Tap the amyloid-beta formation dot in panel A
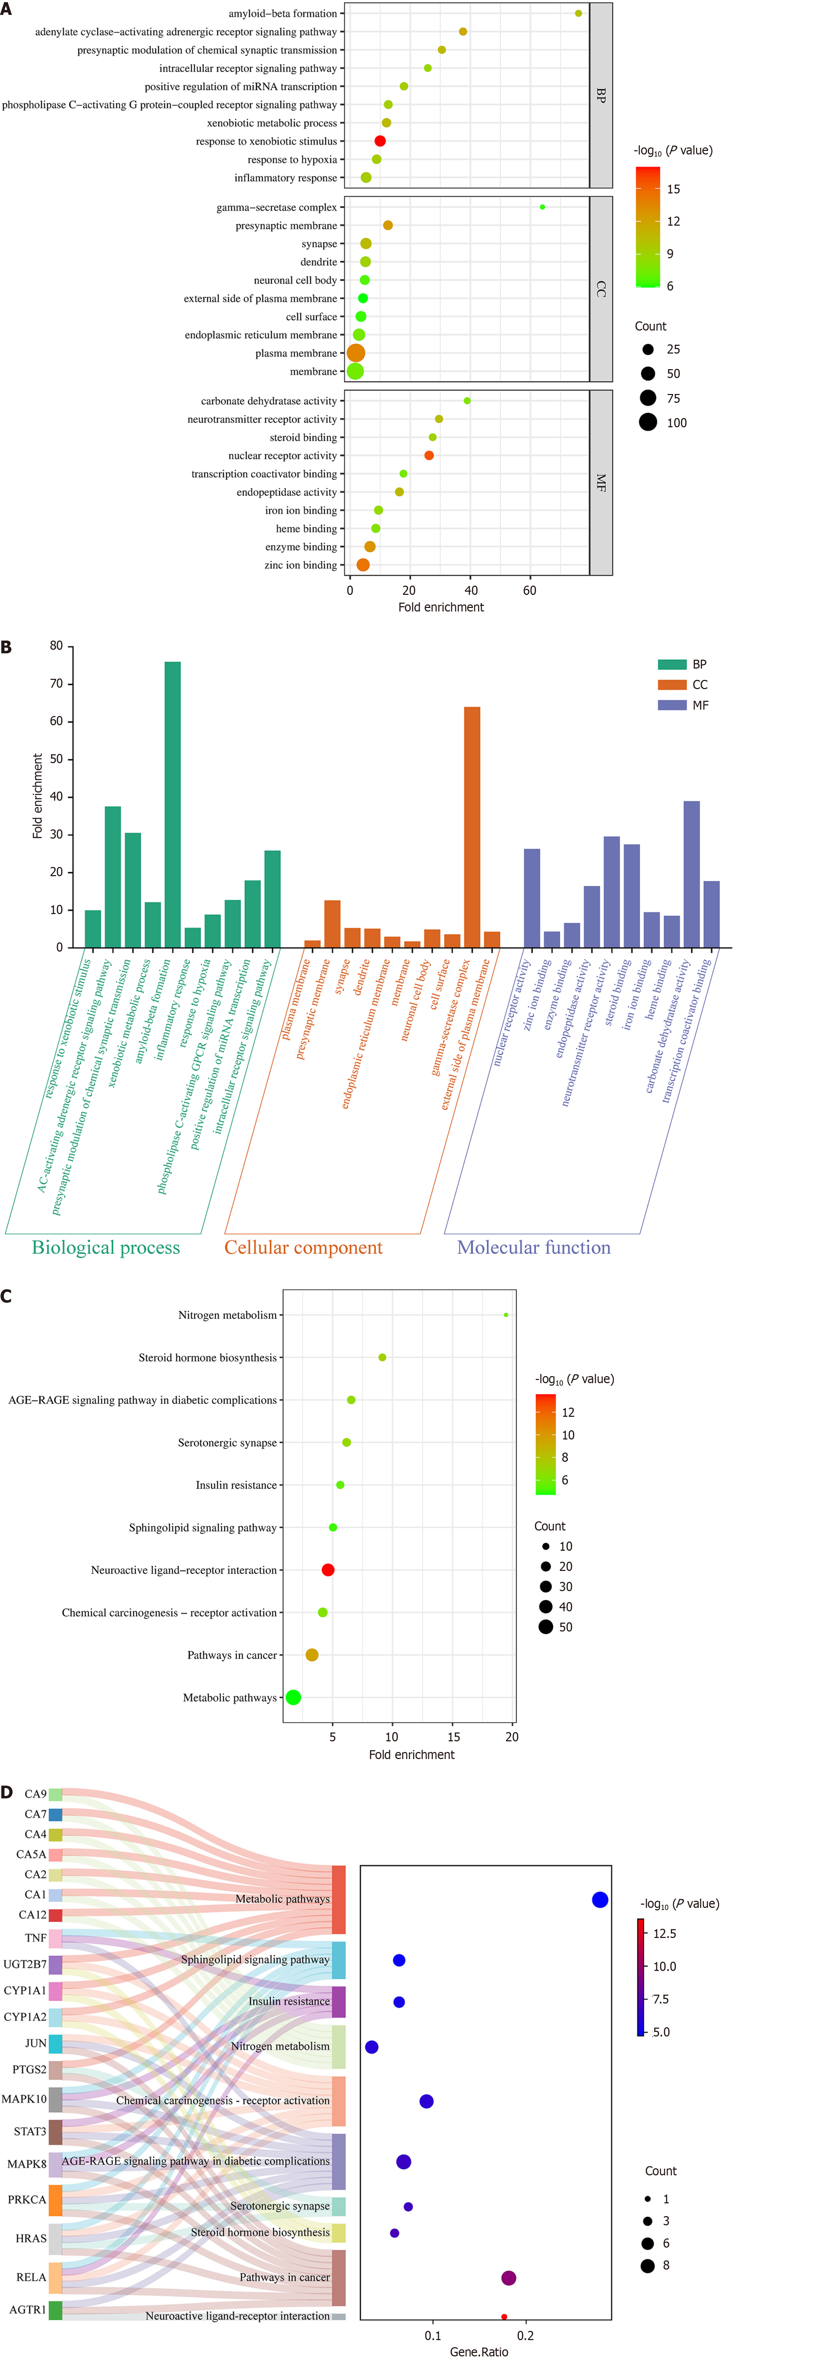click(x=578, y=14)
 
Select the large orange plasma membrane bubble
click(x=356, y=353)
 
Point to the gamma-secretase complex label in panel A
click(x=277, y=207)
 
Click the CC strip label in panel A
click(x=601, y=289)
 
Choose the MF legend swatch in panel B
click(x=672, y=705)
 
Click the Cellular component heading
click(x=303, y=1247)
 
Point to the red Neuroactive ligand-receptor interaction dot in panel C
click(x=328, y=1570)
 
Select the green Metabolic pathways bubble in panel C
click(x=293, y=1697)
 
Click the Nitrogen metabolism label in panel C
click(x=227, y=1315)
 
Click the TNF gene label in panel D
click(x=36, y=1938)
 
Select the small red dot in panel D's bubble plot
click(x=504, y=2316)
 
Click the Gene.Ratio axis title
click(x=478, y=2351)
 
